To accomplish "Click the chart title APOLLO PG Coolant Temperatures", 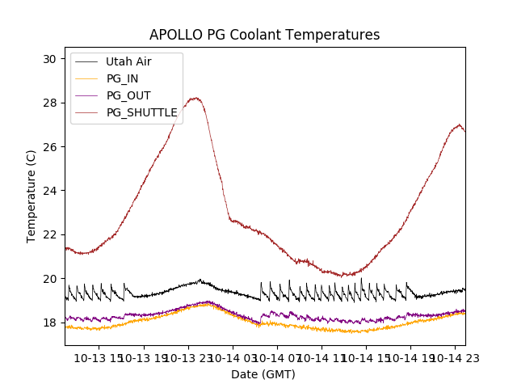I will pyautogui.click(x=264, y=36).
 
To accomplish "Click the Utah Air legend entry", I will pyautogui.click(x=128, y=61).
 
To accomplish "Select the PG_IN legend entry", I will pyautogui.click(x=123, y=78).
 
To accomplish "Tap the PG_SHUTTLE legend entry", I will pyautogui.click(x=142, y=112).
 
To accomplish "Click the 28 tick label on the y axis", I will pyautogui.click(x=49, y=103).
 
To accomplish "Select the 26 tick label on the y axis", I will pyautogui.click(x=49, y=147).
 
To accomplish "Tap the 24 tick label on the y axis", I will pyautogui.click(x=49, y=191).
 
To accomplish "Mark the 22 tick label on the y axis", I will pyautogui.click(x=49, y=234).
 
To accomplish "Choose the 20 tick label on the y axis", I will pyautogui.click(x=49, y=279).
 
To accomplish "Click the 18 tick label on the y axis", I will pyautogui.click(x=49, y=323).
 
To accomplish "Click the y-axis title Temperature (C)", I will pyautogui.click(x=32, y=196).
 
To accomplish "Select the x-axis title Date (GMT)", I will pyautogui.click(x=263, y=374).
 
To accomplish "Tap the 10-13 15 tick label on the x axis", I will pyautogui.click(x=99, y=358).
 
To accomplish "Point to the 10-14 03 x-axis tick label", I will pyautogui.click(x=233, y=358).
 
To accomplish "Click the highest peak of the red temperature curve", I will pyautogui.click(x=195, y=98).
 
